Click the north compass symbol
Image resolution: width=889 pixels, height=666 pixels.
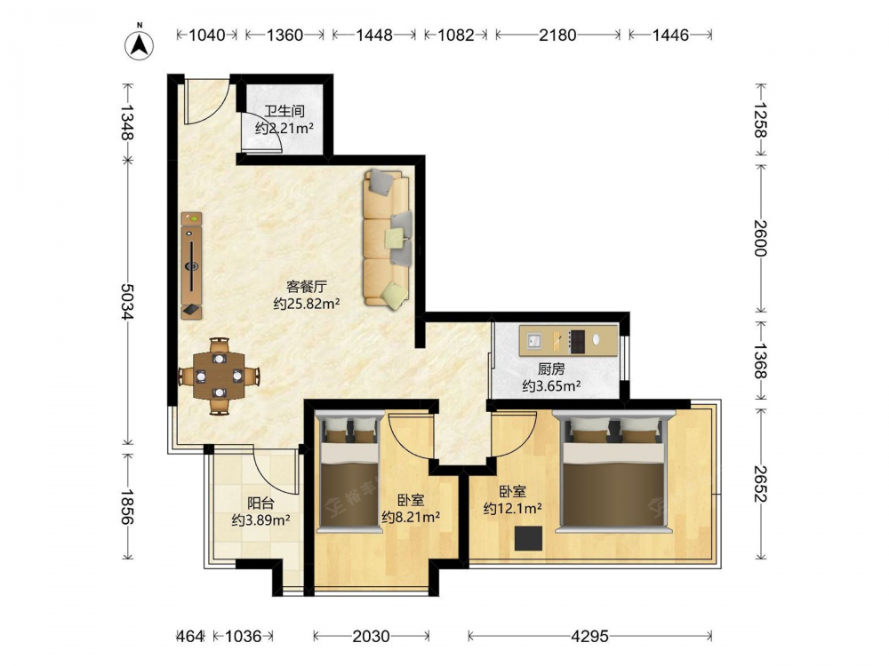point(140,44)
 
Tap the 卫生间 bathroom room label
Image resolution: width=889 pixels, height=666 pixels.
point(284,110)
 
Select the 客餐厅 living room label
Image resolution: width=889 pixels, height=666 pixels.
point(306,286)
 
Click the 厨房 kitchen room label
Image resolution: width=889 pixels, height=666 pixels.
point(551,369)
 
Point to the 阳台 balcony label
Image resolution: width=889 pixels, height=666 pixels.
point(260,503)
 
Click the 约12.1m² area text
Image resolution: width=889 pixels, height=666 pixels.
point(513,509)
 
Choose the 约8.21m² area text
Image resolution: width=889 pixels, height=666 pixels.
point(411,517)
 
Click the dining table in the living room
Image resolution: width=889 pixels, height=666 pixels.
point(220,376)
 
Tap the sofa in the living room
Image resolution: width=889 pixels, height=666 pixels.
point(387,238)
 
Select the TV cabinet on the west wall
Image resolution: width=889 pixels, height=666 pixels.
point(192,266)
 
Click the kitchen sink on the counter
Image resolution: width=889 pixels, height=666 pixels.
point(534,340)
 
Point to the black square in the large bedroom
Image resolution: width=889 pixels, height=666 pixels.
point(528,538)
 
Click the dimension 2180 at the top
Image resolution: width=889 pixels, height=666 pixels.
point(557,36)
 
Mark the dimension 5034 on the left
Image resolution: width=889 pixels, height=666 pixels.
point(127,301)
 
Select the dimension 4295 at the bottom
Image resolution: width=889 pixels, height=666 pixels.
point(589,637)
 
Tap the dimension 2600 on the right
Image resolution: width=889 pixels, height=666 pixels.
point(760,238)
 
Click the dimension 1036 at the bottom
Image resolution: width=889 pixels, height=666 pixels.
point(244,637)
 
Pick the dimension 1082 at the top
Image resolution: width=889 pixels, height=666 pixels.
point(456,36)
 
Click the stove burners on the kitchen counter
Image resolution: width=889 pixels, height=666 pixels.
point(577,342)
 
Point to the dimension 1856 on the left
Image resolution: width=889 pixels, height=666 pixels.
point(127,506)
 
